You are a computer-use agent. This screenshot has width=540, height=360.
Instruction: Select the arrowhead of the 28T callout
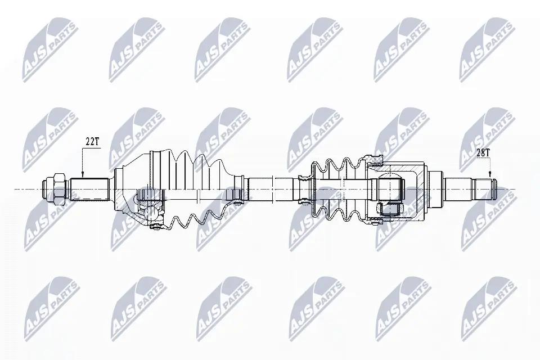(x=490, y=175)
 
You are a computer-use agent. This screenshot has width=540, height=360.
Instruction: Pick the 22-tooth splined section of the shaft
(x=89, y=189)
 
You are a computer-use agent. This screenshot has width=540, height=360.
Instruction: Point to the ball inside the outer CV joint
(x=152, y=213)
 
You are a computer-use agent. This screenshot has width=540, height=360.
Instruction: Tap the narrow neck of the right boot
(x=303, y=188)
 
